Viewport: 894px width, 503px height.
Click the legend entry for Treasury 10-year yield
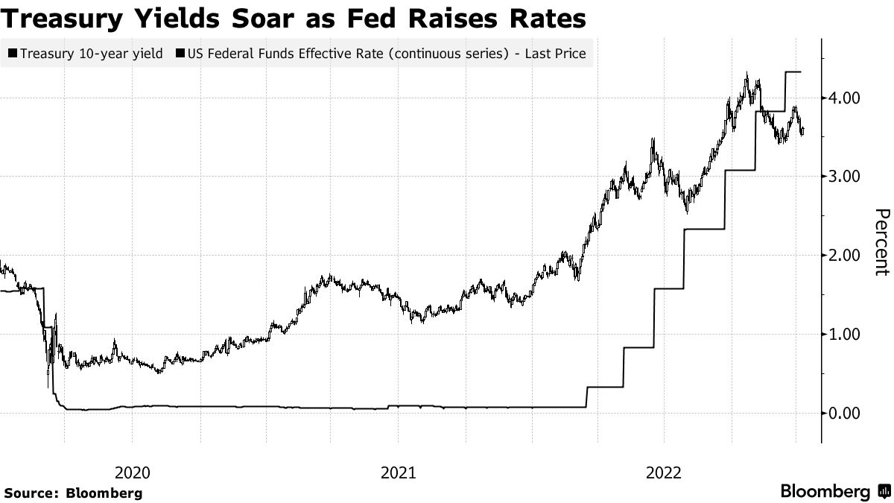click(x=86, y=54)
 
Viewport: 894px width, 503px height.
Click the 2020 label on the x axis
click(x=133, y=472)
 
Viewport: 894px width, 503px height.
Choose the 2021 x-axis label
click(x=398, y=472)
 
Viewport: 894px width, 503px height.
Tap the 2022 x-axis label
click(x=664, y=472)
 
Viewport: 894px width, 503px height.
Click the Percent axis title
click(x=881, y=242)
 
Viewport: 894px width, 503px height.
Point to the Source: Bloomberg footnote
click(x=72, y=493)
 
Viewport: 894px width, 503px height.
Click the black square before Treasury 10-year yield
click(x=13, y=54)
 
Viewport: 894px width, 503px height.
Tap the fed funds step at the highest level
click(x=793, y=72)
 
